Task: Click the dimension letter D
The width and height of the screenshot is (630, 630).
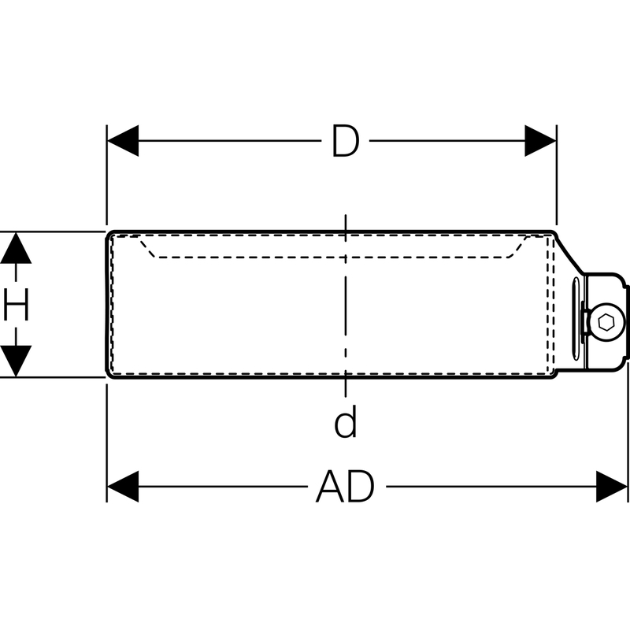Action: (345, 142)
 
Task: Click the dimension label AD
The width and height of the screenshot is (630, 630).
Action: (345, 487)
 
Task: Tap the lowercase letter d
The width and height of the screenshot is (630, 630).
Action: (345, 422)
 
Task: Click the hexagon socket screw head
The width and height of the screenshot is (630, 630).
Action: (606, 321)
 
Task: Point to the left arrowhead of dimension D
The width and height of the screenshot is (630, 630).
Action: (122, 141)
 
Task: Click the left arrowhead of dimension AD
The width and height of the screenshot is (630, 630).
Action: (122, 487)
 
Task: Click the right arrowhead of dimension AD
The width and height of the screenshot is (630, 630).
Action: (612, 487)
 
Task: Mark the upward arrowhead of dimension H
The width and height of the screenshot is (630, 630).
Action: (16, 250)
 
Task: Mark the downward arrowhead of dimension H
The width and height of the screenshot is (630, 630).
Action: (16, 361)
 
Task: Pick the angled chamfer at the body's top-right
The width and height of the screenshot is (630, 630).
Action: (569, 254)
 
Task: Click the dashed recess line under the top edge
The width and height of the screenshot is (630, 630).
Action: (331, 256)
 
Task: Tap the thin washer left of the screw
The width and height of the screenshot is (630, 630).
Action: (586, 321)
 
